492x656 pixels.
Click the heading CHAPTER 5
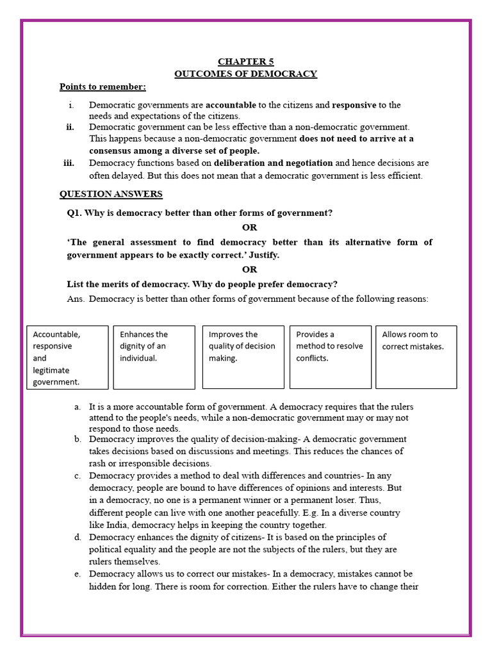tap(245, 61)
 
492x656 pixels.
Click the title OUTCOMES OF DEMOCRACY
tap(245, 74)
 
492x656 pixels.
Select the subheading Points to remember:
tap(102, 86)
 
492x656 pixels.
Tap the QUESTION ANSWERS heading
tap(111, 194)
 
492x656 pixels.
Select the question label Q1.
tap(75, 213)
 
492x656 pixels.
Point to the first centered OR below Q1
tap(249, 227)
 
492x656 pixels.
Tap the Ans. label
tap(76, 299)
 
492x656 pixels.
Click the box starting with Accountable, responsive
tap(66, 357)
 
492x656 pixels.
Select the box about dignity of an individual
tap(154, 357)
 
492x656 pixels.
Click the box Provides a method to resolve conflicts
tap(330, 357)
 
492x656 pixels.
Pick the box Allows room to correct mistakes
tap(416, 357)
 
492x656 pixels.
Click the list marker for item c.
tap(77, 476)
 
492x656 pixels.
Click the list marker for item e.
tap(77, 574)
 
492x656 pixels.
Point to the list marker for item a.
tap(77, 406)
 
